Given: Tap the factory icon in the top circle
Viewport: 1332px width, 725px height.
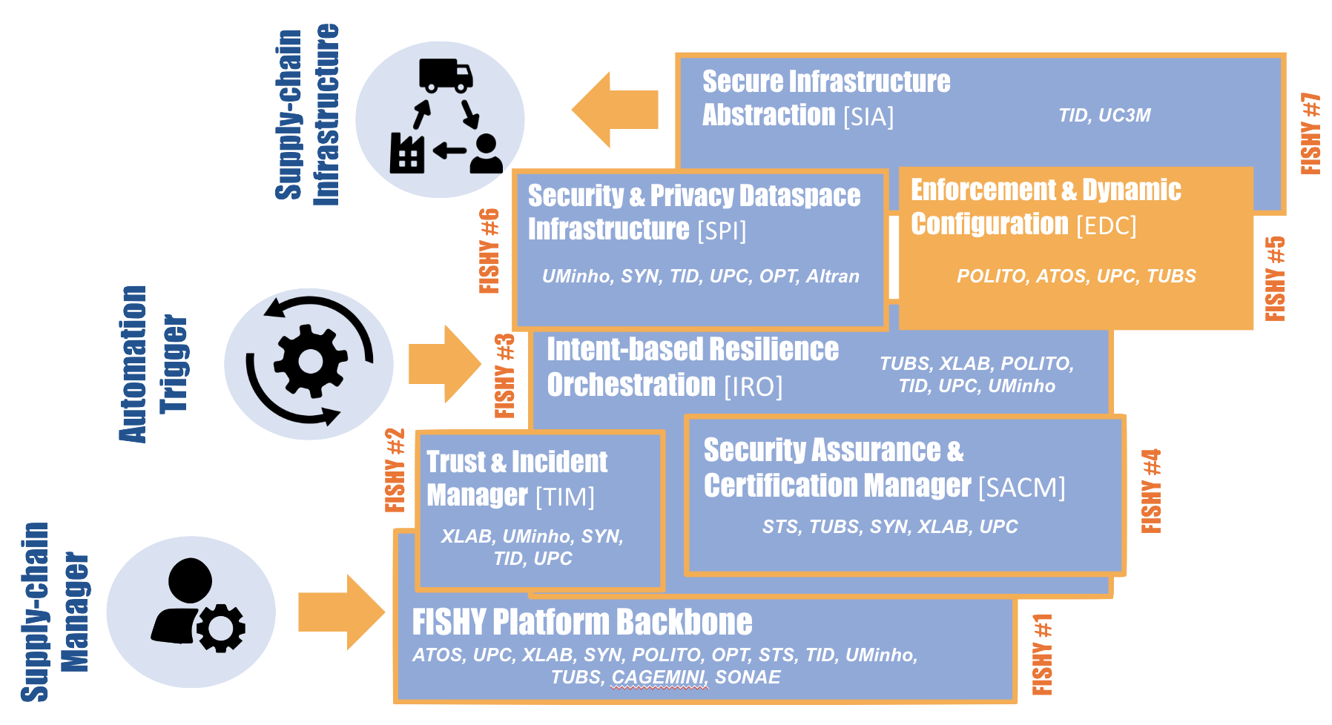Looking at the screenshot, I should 406,153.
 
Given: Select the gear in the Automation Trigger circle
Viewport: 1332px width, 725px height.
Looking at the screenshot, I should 310,362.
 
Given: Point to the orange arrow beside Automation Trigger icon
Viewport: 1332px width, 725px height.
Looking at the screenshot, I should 444,364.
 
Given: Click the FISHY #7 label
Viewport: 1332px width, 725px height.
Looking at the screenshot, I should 1310,133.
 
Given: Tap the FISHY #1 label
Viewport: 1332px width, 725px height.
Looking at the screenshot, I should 1042,655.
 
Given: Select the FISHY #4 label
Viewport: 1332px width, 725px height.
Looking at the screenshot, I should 1151,491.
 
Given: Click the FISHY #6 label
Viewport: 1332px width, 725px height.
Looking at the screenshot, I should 489,251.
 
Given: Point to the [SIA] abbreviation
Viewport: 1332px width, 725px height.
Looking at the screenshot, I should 868,117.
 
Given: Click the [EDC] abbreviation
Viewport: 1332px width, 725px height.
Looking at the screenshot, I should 1106,225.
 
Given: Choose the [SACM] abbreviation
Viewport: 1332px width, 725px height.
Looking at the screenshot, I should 1021,488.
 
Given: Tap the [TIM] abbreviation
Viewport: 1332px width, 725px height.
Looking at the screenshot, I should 564,497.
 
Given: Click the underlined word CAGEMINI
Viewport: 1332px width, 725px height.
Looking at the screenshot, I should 659,678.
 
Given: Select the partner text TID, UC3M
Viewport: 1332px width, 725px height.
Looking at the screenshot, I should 1104,116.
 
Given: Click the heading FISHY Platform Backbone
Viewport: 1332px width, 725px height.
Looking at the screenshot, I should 582,622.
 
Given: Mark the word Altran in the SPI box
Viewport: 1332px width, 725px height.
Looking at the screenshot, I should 832,277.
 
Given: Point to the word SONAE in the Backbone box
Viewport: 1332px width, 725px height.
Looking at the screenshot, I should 748,678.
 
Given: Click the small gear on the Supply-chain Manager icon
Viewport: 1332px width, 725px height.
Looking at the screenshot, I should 221,628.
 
